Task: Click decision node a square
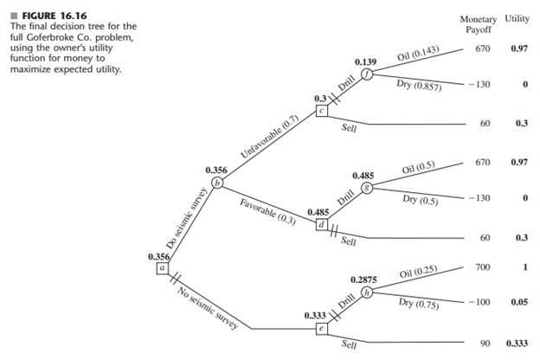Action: point(162,268)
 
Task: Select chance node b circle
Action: point(217,183)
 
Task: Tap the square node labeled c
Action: point(322,110)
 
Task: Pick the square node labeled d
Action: point(322,224)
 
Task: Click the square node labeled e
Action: point(322,329)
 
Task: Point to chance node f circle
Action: point(367,74)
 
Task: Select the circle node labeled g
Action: point(367,188)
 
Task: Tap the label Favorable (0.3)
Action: point(269,210)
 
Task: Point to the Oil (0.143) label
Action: point(419,56)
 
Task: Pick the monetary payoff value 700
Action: point(483,269)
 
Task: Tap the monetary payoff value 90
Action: point(485,344)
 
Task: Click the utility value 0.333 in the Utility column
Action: point(516,344)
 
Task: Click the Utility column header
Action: point(517,17)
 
